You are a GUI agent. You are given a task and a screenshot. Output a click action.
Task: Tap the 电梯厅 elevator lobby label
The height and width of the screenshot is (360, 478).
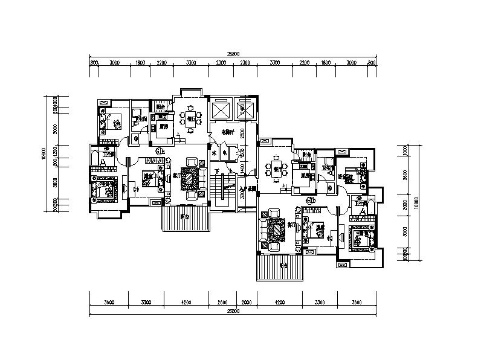tap(227, 132)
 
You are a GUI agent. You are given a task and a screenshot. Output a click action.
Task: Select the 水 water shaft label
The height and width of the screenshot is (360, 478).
tap(214, 153)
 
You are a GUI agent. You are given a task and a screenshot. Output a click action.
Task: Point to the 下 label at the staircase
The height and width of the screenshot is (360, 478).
tap(216, 171)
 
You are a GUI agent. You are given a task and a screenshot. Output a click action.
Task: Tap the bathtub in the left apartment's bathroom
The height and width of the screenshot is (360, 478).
tap(97, 161)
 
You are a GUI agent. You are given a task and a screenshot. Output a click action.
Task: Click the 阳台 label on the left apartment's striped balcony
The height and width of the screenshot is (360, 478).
tap(184, 216)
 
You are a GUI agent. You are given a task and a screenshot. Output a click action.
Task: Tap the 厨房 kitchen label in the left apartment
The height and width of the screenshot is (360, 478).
tap(163, 127)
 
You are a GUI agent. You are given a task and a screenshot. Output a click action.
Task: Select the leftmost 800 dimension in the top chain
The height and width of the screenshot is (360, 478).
tap(94, 62)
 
